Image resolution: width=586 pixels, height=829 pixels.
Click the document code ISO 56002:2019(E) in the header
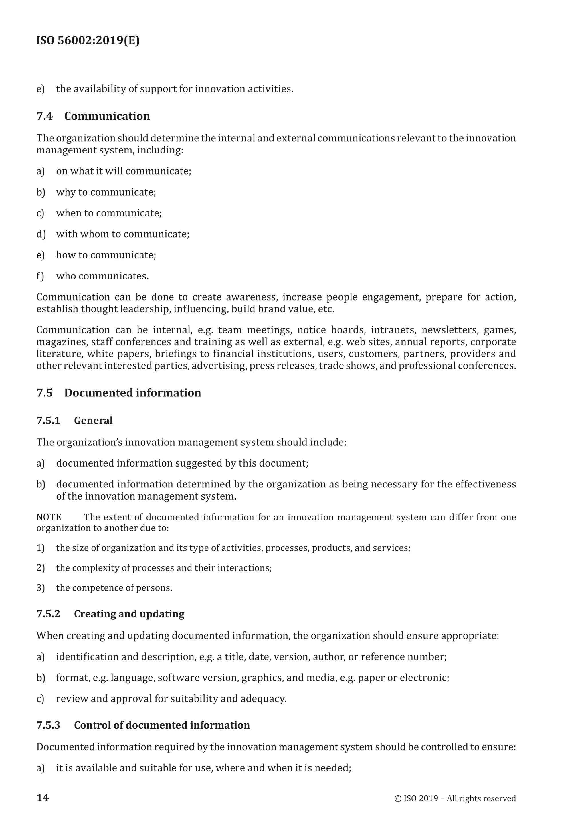(x=88, y=40)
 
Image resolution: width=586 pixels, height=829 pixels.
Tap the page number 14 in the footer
(x=43, y=798)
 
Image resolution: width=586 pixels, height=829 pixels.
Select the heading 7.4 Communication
(x=93, y=116)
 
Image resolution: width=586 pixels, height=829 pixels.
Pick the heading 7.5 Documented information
(x=119, y=393)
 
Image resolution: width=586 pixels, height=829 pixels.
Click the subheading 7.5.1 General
(x=74, y=420)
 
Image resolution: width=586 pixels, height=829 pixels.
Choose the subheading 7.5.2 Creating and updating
(x=110, y=614)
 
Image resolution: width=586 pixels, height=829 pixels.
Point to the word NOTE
(x=49, y=517)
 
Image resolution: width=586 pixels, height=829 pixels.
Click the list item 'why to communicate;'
(x=106, y=192)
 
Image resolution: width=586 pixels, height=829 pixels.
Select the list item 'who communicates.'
(x=102, y=276)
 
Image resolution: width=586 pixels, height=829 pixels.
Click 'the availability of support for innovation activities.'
(x=175, y=89)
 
